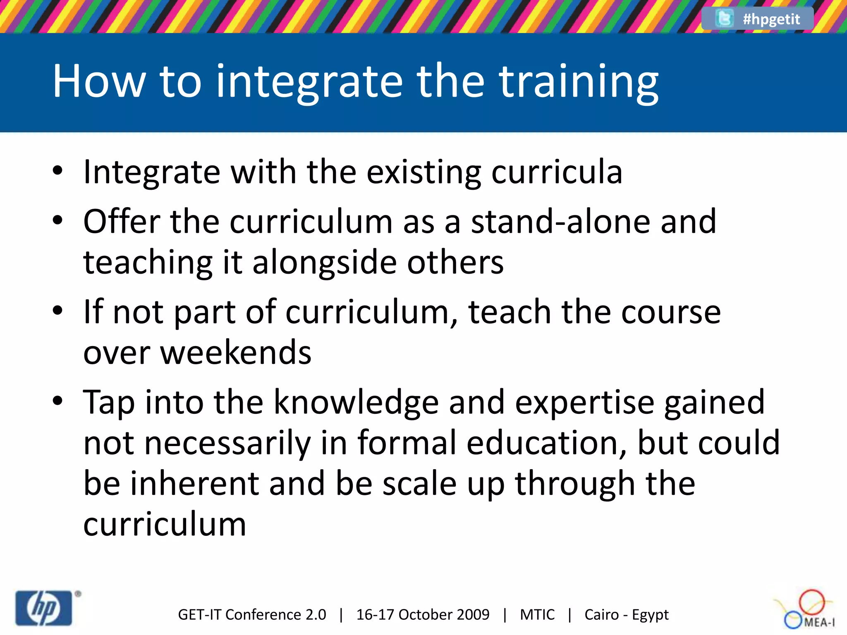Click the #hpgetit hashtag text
pos(771,19)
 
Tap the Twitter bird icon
pos(724,18)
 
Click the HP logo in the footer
pos(44,608)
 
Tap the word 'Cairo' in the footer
pos(602,615)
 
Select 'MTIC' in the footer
pos(537,615)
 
